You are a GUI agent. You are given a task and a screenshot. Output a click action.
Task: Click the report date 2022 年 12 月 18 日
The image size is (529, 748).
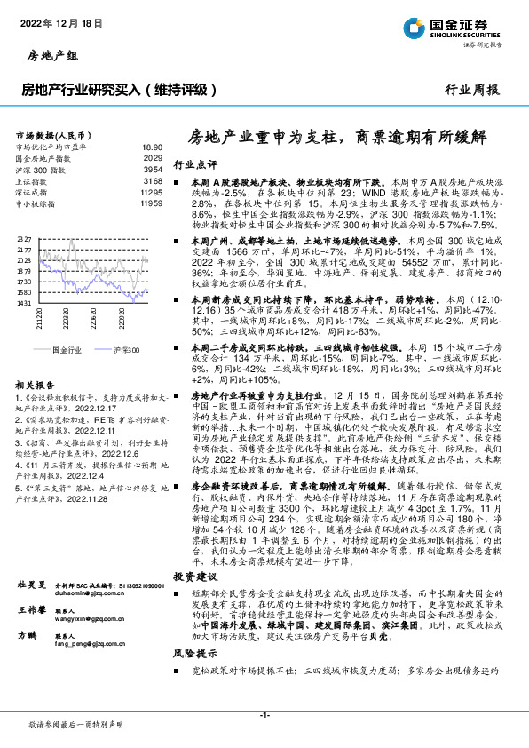click(x=59, y=24)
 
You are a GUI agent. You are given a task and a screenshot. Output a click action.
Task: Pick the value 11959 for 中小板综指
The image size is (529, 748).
click(x=152, y=203)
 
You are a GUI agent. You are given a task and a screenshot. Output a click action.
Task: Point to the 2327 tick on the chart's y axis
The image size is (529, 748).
click(x=23, y=240)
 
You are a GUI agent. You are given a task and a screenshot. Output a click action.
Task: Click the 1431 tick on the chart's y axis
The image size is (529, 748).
click(x=23, y=304)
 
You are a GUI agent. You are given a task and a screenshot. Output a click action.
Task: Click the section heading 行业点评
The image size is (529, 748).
click(x=194, y=164)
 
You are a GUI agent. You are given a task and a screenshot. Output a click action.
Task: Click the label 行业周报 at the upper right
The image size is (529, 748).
click(x=471, y=90)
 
